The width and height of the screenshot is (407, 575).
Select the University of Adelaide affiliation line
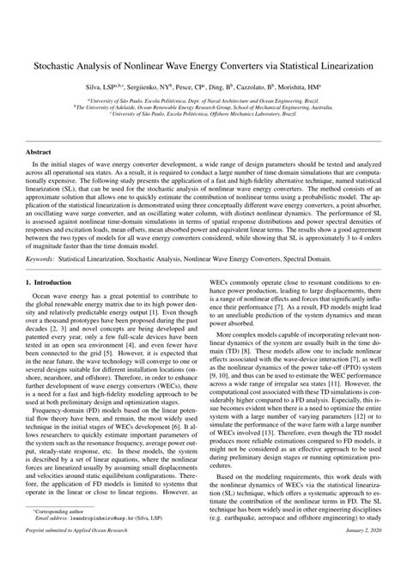[x=203, y=107]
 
